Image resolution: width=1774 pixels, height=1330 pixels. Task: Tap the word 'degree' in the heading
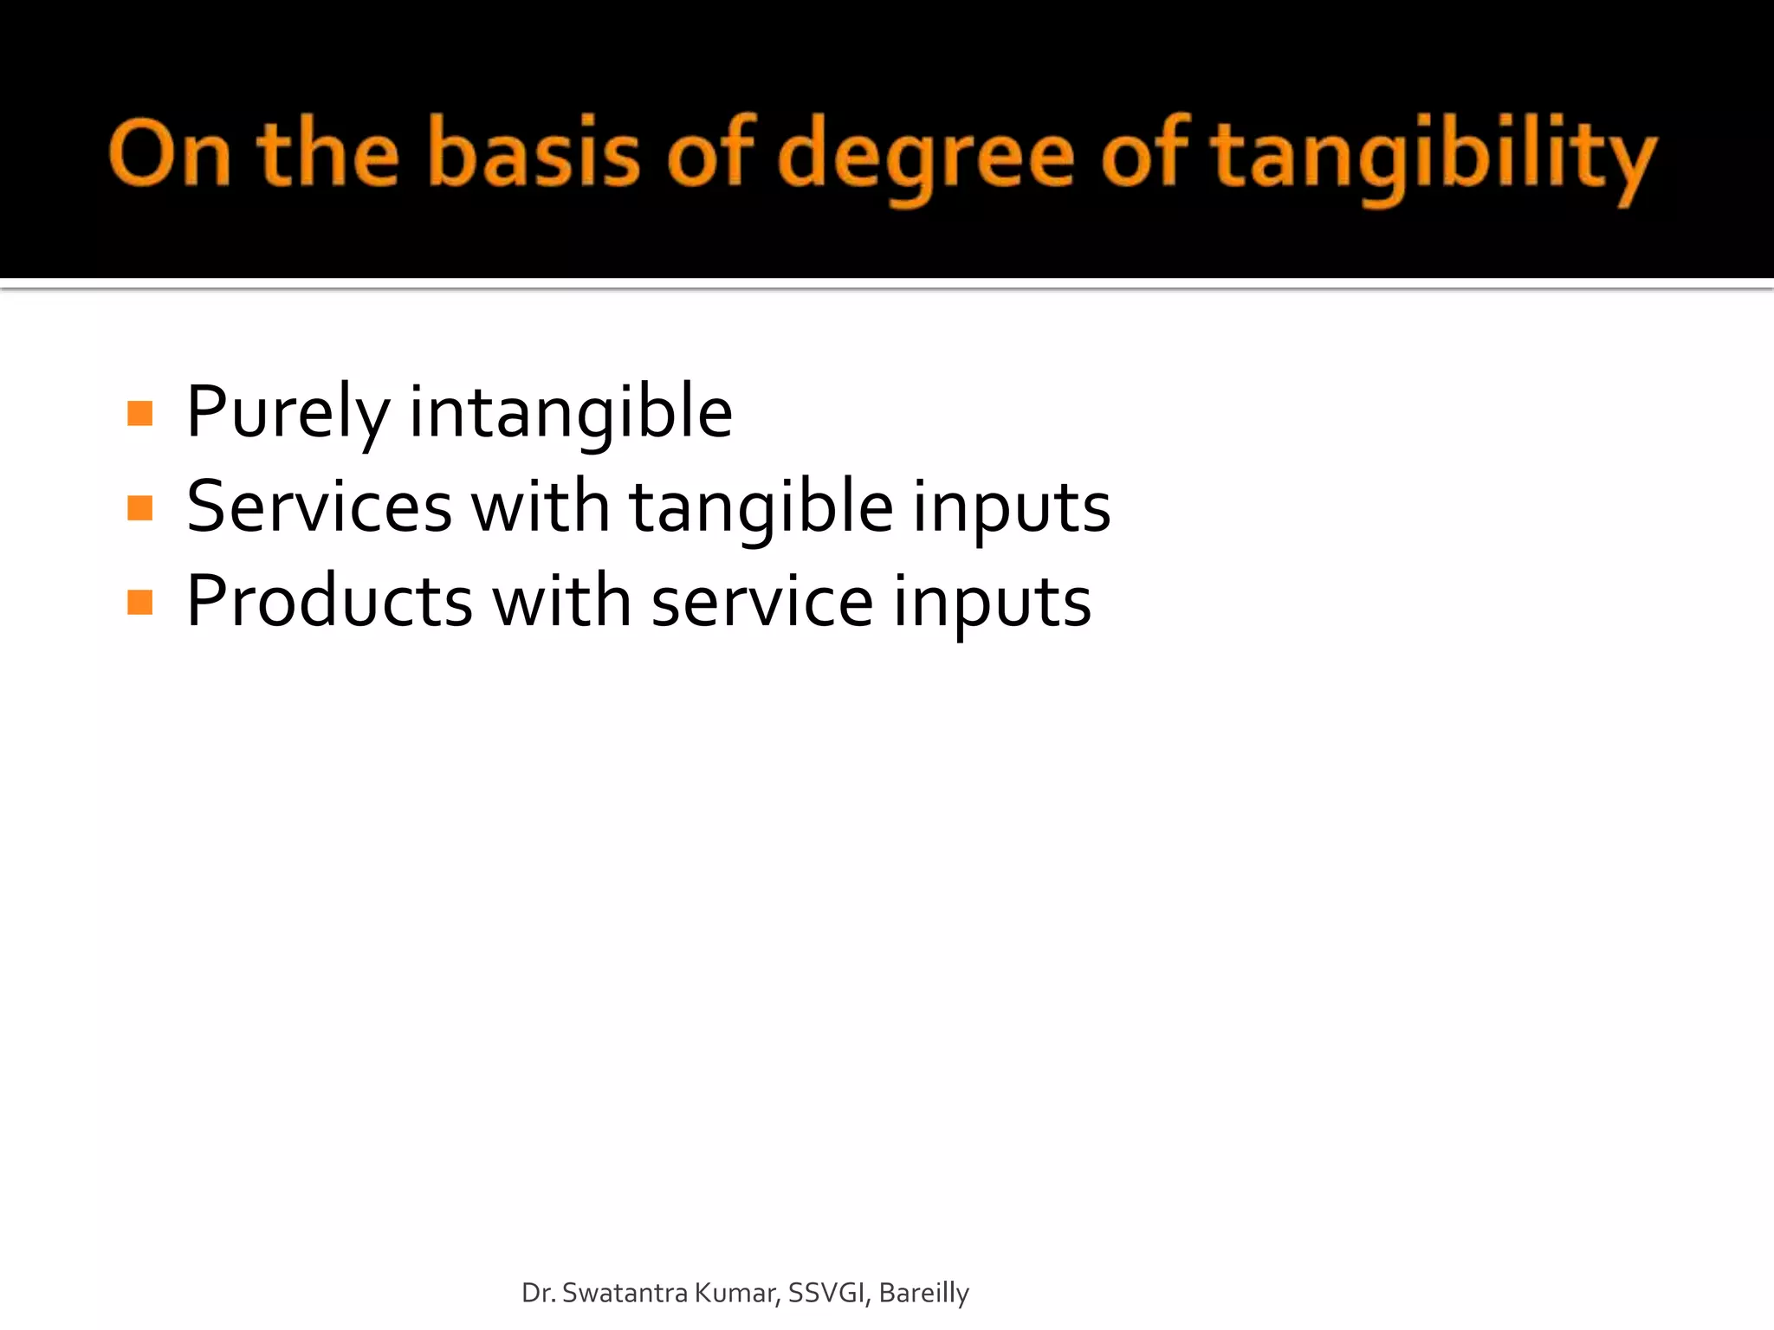pos(927,156)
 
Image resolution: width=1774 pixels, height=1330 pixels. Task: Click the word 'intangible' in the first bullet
pos(571,413)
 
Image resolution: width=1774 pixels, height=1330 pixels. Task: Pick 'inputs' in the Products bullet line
pos(992,603)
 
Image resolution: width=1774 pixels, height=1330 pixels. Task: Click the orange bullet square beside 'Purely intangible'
pos(139,413)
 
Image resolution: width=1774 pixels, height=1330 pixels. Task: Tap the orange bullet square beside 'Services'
pos(139,507)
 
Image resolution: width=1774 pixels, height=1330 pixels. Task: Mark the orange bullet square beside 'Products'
pos(139,602)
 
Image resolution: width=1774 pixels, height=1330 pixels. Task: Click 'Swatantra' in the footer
pos(625,1293)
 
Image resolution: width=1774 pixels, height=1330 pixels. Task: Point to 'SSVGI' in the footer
pos(828,1293)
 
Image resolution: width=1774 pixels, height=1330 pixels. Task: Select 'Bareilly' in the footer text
pos(923,1293)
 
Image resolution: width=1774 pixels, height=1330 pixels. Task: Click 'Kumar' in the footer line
pos(737,1293)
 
